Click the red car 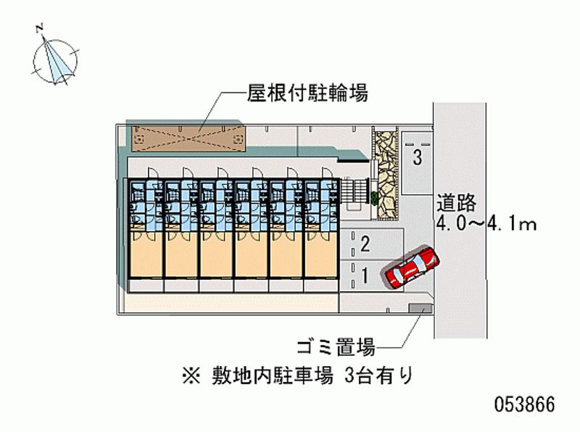[411, 267]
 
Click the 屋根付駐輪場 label [308, 93]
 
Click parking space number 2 [365, 244]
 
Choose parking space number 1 [365, 275]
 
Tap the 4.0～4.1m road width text [486, 224]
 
